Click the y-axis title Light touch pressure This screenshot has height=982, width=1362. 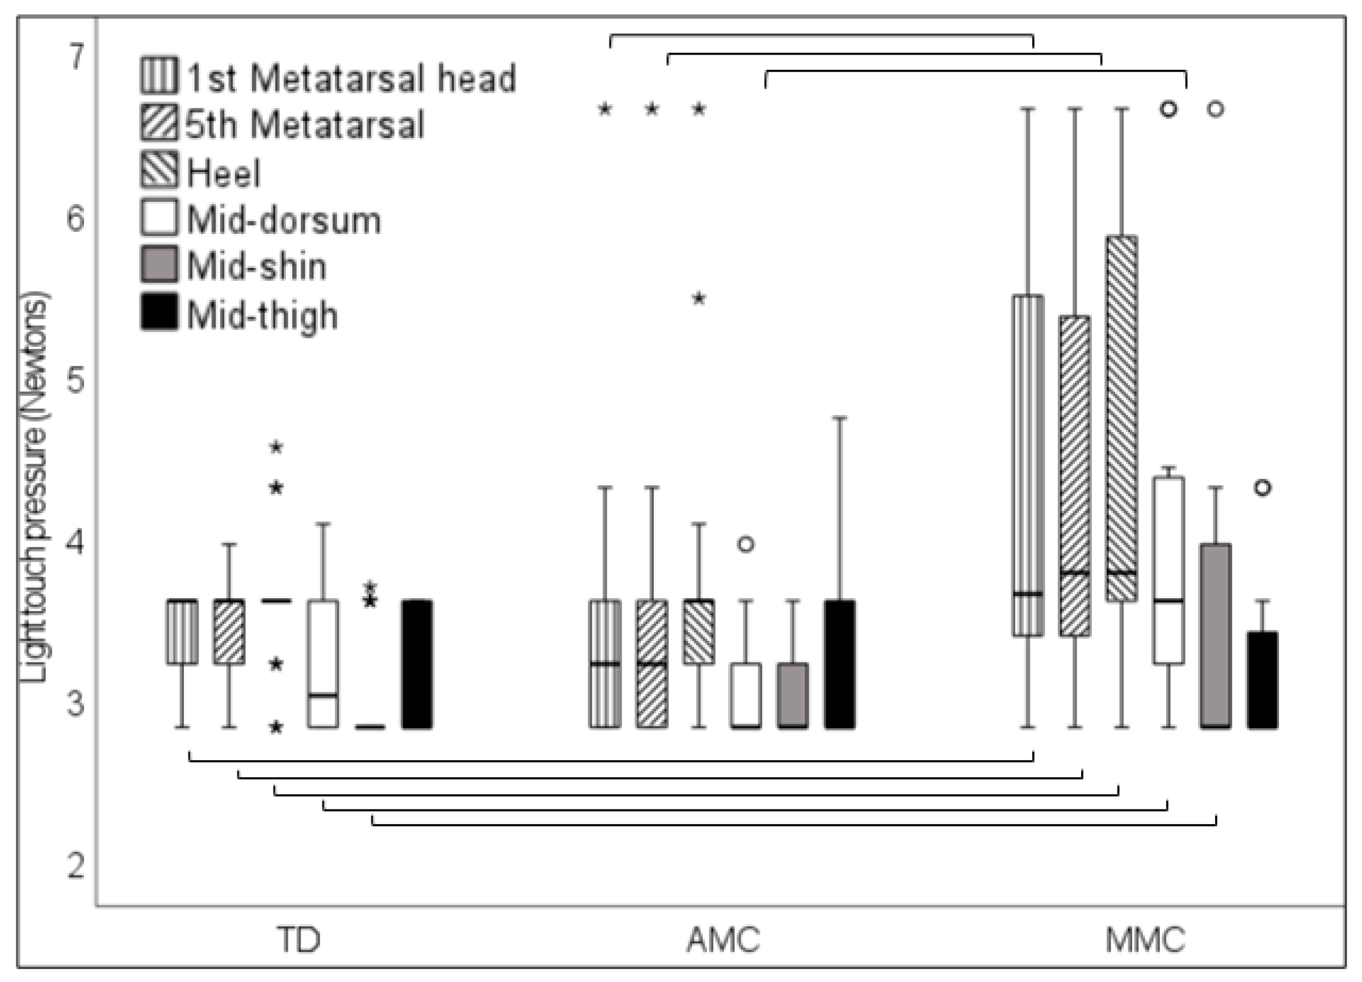(34, 487)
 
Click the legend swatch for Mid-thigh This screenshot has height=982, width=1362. (159, 312)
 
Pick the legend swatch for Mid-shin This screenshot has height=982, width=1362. (159, 265)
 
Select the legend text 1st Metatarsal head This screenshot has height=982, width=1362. (351, 78)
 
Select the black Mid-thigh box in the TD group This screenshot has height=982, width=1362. (417, 664)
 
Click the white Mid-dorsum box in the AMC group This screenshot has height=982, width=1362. (746, 695)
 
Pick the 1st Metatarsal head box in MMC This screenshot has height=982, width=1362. (1028, 465)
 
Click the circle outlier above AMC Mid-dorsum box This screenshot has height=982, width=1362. (746, 544)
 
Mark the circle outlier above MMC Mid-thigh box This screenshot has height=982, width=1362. (1263, 488)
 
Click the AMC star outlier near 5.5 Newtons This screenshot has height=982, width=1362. (699, 299)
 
